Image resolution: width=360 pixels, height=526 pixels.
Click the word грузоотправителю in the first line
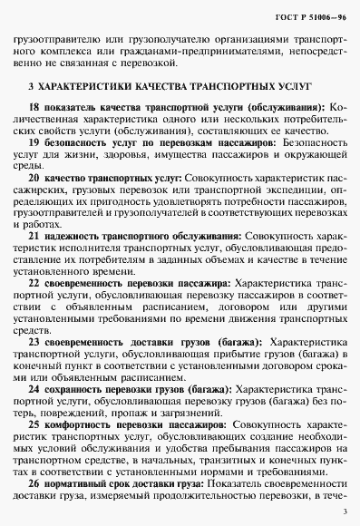54,41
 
